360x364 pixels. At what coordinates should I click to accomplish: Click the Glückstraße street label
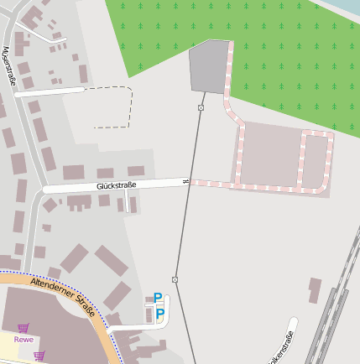[x=116, y=185]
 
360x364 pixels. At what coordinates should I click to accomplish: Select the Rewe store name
[x=23, y=340]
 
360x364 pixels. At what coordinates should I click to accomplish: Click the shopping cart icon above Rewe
[x=23, y=328]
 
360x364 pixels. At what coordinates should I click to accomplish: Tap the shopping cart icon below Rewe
[x=39, y=356]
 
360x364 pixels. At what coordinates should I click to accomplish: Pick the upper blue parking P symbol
[x=157, y=298]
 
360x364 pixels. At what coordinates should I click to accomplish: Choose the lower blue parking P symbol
[x=159, y=315]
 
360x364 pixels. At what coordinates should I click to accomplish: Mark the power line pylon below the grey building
[x=201, y=107]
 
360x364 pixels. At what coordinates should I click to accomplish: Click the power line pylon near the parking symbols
[x=175, y=279]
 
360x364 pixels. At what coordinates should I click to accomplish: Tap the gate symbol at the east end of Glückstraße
[x=185, y=180]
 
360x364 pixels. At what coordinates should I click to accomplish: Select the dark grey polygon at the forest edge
[x=209, y=67]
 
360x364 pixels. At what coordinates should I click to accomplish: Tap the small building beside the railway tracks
[x=315, y=290]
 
